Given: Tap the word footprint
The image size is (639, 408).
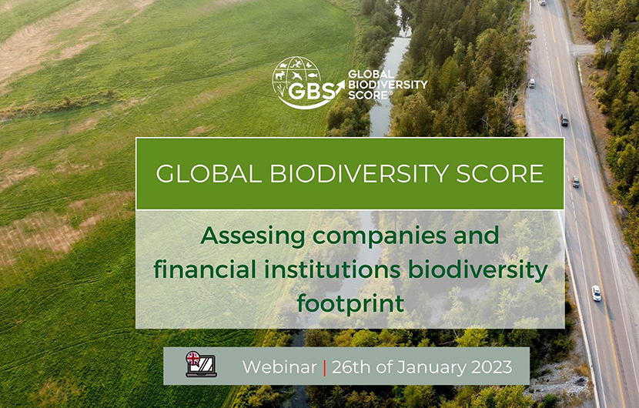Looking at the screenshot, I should (x=350, y=303).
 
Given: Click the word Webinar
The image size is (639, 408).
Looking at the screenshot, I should (x=279, y=367).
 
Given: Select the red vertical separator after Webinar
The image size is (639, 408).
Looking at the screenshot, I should (x=325, y=367).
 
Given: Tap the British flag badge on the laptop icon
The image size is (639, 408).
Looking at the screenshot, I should (x=193, y=358).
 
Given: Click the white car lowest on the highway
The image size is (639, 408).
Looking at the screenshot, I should (x=597, y=293).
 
